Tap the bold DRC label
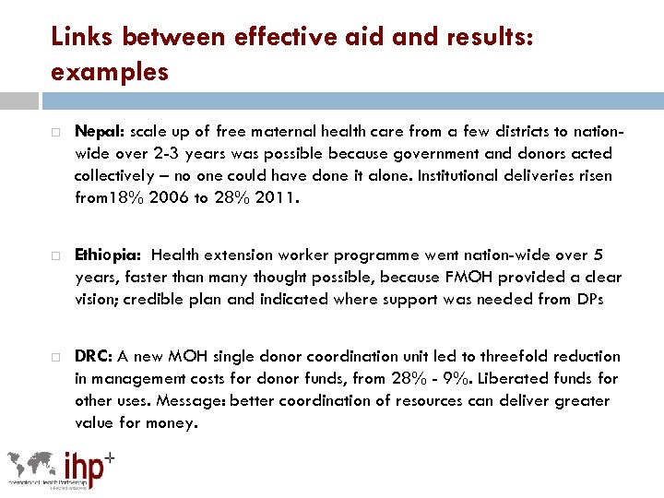(93, 356)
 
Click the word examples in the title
(111, 71)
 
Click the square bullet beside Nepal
(56, 132)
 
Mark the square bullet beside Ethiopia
(56, 255)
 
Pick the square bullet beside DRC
(56, 357)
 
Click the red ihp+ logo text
(89, 467)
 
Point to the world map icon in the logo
(33, 464)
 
